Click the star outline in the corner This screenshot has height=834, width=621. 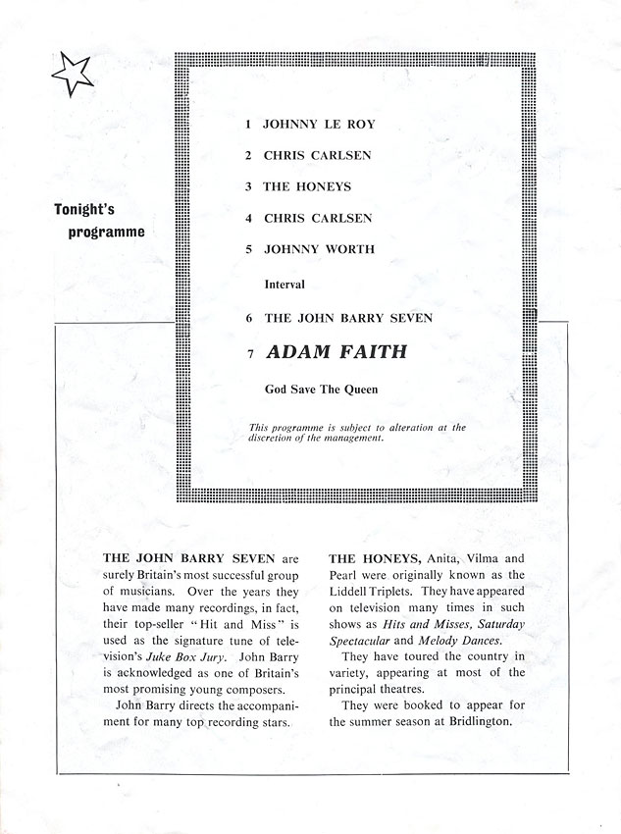[70, 74]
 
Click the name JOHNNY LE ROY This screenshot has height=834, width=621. [319, 125]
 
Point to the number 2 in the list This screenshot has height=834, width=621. [249, 156]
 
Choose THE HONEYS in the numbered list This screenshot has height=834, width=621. [307, 186]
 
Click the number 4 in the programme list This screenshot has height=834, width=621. [249, 218]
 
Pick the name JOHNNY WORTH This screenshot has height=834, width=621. [319, 249]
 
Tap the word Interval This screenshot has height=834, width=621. [285, 285]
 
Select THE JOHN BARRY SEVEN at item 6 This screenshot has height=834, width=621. [348, 319]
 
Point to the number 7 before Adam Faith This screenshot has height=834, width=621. [250, 353]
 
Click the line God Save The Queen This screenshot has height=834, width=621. [321, 389]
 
